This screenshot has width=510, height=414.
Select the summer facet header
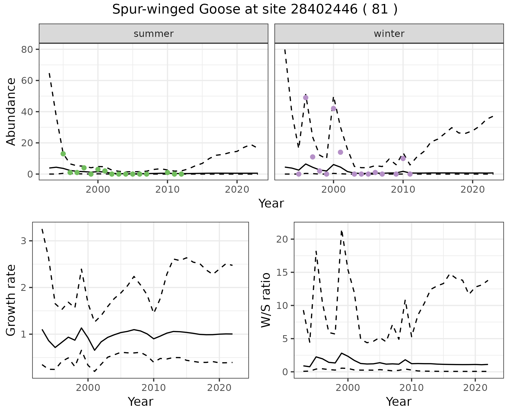pos(154,34)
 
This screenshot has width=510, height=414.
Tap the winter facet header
pos(389,34)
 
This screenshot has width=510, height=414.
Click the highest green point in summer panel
pos(63,154)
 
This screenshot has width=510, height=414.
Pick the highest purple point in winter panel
pos(306,98)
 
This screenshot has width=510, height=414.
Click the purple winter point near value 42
pos(334,109)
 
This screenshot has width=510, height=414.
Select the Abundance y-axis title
pos(11,111)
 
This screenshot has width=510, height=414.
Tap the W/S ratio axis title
pos(266,300)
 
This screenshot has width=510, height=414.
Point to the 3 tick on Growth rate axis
pos(23,241)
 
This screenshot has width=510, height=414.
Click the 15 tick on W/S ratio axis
pos(282,273)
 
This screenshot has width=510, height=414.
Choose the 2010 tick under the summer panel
pos(167,190)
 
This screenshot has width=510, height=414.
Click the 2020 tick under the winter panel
pos(473,190)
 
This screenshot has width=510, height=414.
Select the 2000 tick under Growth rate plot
pos(88,388)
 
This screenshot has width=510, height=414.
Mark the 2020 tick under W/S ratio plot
pos(475,388)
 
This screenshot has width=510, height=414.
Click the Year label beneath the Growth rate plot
pos(141,402)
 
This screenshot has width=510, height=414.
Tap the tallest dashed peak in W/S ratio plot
pos(341,231)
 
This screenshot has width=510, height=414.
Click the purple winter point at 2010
pos(403,158)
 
